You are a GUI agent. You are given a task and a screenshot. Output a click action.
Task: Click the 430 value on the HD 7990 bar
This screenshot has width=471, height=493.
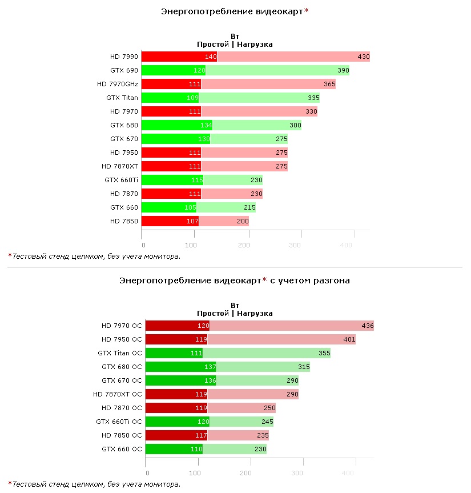(x=363, y=57)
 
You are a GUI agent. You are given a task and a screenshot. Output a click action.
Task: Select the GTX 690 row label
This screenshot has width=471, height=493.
(x=124, y=70)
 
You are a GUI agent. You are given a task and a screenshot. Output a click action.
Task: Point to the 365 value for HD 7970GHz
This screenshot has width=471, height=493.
(x=329, y=84)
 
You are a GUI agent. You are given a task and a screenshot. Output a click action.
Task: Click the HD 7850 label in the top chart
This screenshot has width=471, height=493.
(x=124, y=221)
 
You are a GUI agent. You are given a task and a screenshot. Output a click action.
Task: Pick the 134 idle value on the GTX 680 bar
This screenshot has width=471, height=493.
(x=206, y=125)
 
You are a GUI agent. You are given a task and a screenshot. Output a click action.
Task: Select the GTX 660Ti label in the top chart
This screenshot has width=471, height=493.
(x=121, y=180)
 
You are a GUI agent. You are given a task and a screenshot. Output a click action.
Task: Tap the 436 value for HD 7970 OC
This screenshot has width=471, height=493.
(x=368, y=326)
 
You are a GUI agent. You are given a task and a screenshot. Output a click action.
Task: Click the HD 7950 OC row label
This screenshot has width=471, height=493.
(x=122, y=339)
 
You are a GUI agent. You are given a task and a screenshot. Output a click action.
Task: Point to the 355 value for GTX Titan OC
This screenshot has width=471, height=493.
(x=324, y=353)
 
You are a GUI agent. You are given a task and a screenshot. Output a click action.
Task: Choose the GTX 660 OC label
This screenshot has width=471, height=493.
(x=122, y=449)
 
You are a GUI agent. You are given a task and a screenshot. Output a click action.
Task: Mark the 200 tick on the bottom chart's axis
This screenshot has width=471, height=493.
(x=246, y=472)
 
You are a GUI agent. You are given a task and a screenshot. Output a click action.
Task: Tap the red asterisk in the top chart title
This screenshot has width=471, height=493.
(x=306, y=11)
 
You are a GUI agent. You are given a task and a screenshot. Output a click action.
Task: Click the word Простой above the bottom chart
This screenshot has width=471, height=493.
(x=212, y=313)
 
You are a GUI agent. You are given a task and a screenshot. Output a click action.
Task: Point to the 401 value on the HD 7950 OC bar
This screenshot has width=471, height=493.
(x=349, y=339)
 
